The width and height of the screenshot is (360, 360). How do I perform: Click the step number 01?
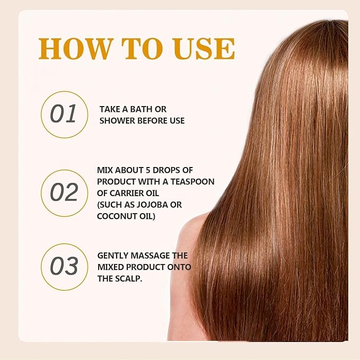[63, 113]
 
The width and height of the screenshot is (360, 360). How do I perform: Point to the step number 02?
[64, 192]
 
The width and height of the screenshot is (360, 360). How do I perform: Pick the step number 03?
[64, 266]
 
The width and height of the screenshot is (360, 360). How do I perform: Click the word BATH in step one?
[140, 109]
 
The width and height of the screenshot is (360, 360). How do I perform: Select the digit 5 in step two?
[148, 170]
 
